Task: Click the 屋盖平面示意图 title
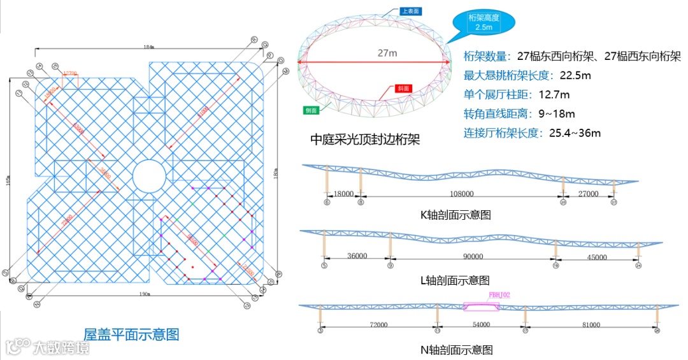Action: pyautogui.click(x=131, y=334)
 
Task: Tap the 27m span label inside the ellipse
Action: pyautogui.click(x=387, y=53)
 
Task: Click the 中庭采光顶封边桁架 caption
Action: pyautogui.click(x=365, y=138)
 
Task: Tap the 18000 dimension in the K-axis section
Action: pyautogui.click(x=343, y=193)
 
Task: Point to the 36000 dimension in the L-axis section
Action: pyautogui.click(x=357, y=256)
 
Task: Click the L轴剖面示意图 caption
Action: pyautogui.click(x=455, y=280)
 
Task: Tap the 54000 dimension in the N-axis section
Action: pyautogui.click(x=481, y=324)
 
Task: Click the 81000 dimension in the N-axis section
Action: pyautogui.click(x=591, y=324)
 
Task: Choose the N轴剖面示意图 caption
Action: pyautogui.click(x=456, y=349)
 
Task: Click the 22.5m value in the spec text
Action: pyautogui.click(x=575, y=76)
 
